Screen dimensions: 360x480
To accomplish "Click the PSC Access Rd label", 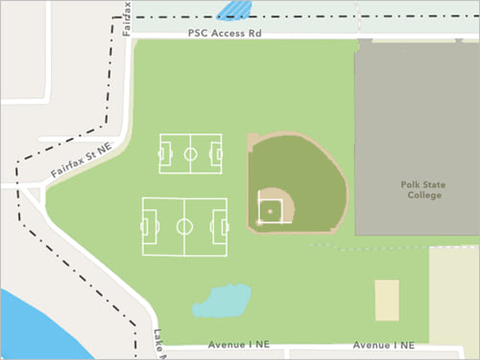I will click(225, 33).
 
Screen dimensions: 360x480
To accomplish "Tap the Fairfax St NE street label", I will click(82, 161).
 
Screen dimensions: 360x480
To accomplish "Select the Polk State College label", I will click(420, 188).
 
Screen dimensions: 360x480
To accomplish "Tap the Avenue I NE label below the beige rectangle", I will click(383, 345).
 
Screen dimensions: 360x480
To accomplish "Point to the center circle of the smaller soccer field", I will click(190, 154).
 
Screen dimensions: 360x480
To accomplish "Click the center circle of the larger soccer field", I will click(184, 228).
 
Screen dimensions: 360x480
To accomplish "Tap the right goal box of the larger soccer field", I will click(222, 228).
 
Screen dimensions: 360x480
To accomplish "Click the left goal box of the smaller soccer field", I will click(163, 154).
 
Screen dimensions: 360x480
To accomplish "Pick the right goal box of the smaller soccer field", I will click(217, 154).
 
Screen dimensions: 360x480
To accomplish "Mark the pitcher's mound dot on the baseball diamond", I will click(270, 209).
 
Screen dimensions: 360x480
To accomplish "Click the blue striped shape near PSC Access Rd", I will click(235, 11).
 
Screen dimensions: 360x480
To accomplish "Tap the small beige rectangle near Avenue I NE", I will click(387, 300).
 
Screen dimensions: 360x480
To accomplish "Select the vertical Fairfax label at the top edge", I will click(128, 17).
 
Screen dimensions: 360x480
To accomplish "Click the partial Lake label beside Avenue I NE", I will click(158, 343).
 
